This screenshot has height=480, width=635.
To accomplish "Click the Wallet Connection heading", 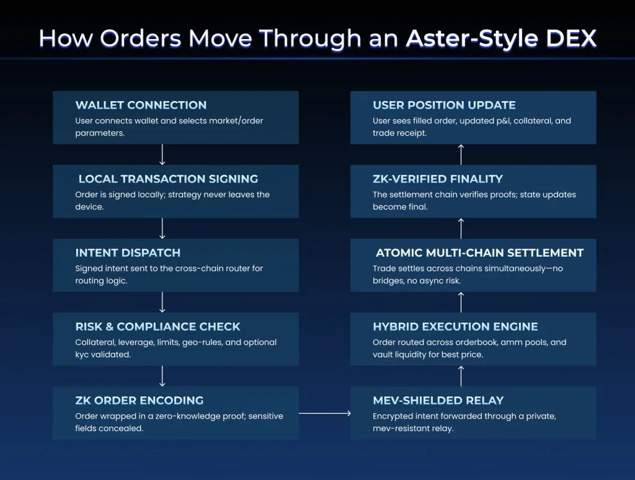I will (141, 105).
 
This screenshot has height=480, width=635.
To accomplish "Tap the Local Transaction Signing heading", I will (168, 179).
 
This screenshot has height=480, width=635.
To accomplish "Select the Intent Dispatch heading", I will (128, 252).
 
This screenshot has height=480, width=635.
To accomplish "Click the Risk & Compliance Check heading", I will (158, 326).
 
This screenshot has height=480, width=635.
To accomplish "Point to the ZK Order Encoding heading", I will (139, 400).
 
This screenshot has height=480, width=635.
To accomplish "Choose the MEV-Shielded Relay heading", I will (438, 400).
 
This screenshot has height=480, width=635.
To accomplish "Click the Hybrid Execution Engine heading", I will (455, 326).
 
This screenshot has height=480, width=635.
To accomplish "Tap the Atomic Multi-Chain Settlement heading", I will (479, 252).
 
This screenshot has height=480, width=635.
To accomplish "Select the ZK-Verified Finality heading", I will (438, 179).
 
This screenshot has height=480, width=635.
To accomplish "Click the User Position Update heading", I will (444, 105).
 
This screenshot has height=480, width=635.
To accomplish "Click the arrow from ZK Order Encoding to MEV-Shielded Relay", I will (324, 413).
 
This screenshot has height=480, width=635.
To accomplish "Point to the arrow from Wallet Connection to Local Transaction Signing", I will (162, 154).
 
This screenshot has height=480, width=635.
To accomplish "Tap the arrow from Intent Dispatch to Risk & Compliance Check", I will (162, 302).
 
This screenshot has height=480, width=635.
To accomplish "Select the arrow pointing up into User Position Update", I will (461, 154).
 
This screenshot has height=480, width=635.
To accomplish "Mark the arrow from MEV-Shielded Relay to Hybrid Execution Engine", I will (461, 376).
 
